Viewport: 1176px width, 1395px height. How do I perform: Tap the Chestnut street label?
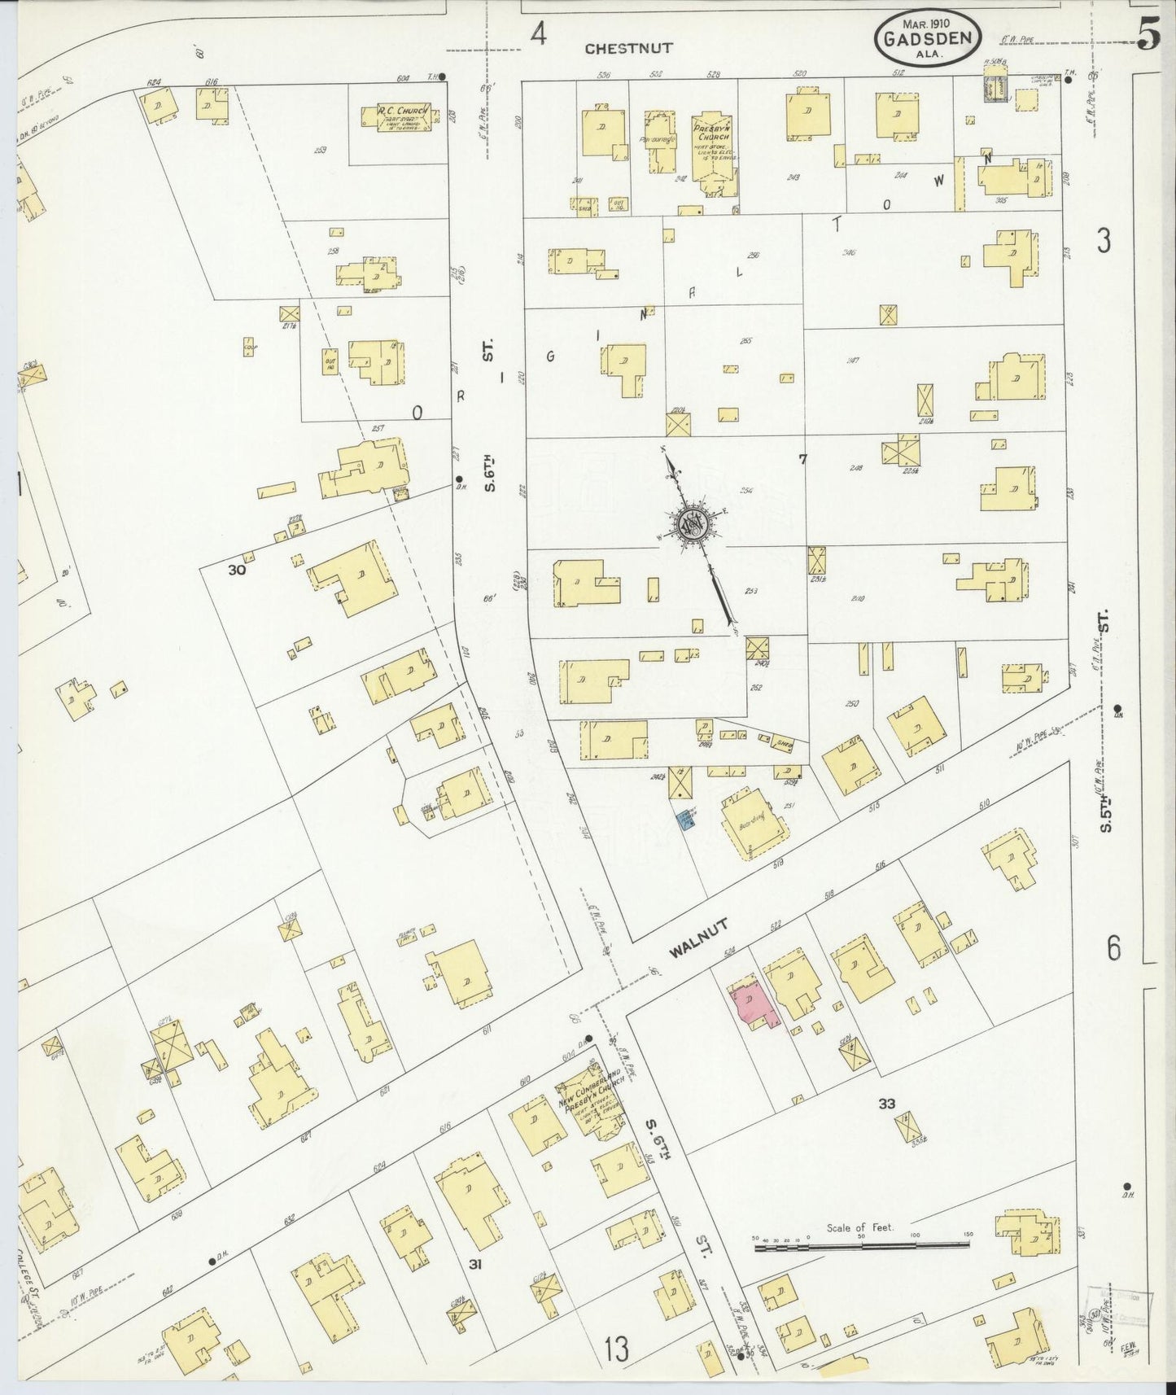tap(629, 48)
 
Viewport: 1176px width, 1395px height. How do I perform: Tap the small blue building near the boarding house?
tap(688, 824)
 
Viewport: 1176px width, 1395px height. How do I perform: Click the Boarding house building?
tap(754, 824)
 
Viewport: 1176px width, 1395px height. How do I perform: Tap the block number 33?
tap(887, 1104)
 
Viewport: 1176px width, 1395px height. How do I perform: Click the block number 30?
tap(237, 571)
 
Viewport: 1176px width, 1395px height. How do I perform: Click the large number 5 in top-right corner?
tap(1149, 34)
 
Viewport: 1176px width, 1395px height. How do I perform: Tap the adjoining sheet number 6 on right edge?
tap(1113, 949)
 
